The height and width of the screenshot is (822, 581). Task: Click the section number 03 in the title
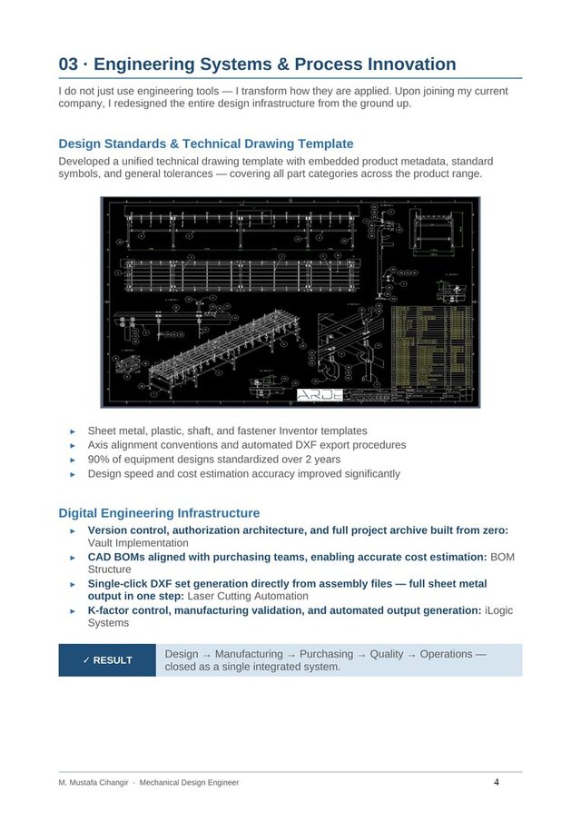pyautogui.click(x=68, y=64)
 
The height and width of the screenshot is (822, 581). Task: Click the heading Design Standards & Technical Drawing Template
pyautogui.click(x=205, y=144)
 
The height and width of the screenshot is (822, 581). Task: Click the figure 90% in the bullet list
pyautogui.click(x=99, y=460)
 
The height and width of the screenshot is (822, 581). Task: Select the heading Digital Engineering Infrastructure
pyautogui.click(x=159, y=513)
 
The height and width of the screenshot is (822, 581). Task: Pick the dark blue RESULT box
pyautogui.click(x=107, y=660)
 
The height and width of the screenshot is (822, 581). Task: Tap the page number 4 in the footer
pyautogui.click(x=497, y=781)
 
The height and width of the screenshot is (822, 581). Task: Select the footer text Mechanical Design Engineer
pyautogui.click(x=189, y=782)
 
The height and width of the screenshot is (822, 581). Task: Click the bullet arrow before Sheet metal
pyautogui.click(x=74, y=431)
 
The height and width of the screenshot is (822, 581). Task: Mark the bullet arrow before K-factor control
pyautogui.click(x=74, y=611)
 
